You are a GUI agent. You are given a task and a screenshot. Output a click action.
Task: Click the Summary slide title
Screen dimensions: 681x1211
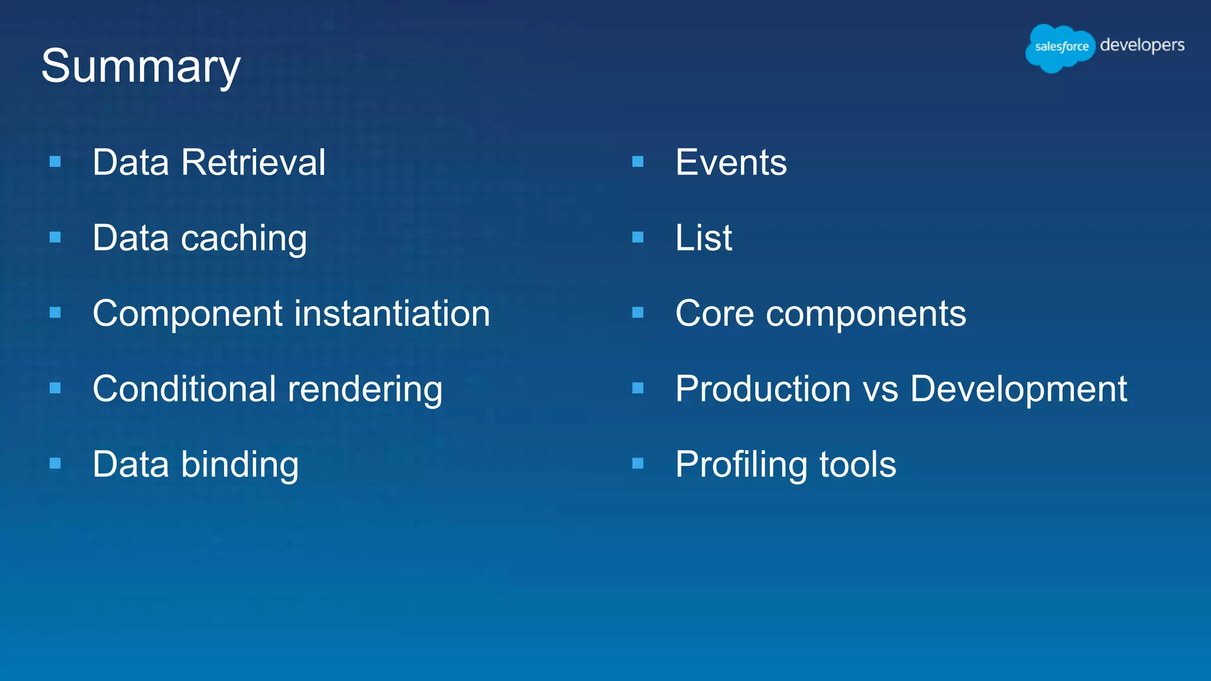(x=141, y=66)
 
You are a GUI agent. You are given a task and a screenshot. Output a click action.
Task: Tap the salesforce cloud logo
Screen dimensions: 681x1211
(x=1060, y=47)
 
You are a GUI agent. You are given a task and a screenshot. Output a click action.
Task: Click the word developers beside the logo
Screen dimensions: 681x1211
(x=1142, y=46)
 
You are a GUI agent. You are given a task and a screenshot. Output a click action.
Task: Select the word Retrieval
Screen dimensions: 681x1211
(x=253, y=163)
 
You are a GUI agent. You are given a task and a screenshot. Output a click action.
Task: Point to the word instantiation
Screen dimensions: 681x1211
(x=392, y=313)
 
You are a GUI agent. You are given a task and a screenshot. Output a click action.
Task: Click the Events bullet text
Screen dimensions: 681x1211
(x=731, y=163)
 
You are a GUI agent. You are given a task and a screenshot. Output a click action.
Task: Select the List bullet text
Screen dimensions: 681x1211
(x=704, y=238)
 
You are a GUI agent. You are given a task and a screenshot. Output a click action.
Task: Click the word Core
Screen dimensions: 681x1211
(x=715, y=313)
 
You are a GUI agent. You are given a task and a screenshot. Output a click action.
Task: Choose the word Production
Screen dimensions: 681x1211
(x=763, y=389)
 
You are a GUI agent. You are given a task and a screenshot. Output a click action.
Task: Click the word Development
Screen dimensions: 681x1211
(x=1018, y=389)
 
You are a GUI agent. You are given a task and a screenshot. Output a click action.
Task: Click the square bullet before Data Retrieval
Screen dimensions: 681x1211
(x=56, y=161)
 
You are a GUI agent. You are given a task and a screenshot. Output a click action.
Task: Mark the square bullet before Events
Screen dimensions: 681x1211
(x=637, y=161)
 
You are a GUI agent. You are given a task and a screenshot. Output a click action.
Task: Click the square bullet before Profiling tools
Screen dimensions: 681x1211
(x=637, y=463)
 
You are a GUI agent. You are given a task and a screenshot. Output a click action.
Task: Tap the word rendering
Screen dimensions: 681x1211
(x=365, y=390)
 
